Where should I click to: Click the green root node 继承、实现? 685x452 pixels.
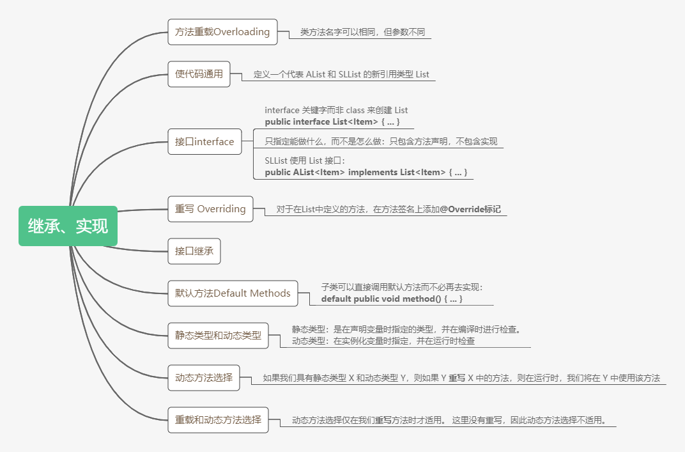[68, 226]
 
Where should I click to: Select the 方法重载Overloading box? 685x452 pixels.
[222, 31]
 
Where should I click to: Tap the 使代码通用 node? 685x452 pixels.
[199, 74]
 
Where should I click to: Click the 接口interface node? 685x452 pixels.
[204, 141]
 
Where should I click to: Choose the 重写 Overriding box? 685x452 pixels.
[210, 208]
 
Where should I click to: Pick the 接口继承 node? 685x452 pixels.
[194, 251]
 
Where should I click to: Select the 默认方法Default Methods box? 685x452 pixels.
[233, 293]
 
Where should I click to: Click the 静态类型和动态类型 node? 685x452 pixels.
[218, 335]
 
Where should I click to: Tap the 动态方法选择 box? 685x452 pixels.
[204, 377]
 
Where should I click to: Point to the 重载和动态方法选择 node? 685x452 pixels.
[218, 419]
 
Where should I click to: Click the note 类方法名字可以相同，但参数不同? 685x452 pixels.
[362, 31]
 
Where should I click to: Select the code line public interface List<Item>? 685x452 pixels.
[332, 121]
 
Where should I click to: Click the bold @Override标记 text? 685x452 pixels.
[470, 208]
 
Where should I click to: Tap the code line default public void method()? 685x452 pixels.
[392, 299]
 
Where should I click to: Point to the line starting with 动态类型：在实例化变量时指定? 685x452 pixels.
[383, 341]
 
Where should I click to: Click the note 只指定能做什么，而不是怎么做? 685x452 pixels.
[381, 141]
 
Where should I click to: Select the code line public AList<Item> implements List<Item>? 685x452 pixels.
[366, 172]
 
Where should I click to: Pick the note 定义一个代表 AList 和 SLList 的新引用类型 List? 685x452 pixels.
[341, 74]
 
